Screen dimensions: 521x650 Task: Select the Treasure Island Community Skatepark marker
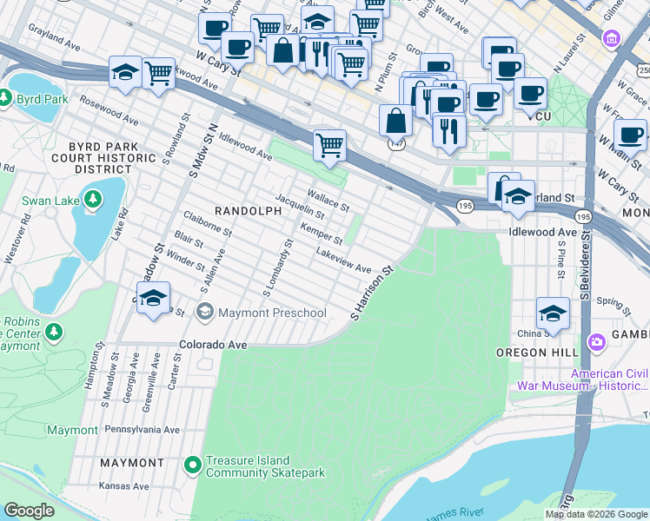[193, 465]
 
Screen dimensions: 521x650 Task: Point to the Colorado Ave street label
[214, 345]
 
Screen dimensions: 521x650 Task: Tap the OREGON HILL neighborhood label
[532, 353]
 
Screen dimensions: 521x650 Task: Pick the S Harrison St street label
[372, 293]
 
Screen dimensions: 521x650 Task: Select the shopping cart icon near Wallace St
[329, 145]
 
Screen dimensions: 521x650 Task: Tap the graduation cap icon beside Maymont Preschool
[153, 299]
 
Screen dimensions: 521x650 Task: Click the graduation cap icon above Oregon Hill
[553, 313]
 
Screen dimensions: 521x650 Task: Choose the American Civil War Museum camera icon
[596, 341]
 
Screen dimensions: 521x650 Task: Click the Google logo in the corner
[29, 511]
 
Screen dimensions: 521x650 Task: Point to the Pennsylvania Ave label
[142, 429]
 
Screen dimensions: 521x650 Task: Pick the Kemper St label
[322, 234]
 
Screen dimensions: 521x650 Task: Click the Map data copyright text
[595, 514]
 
